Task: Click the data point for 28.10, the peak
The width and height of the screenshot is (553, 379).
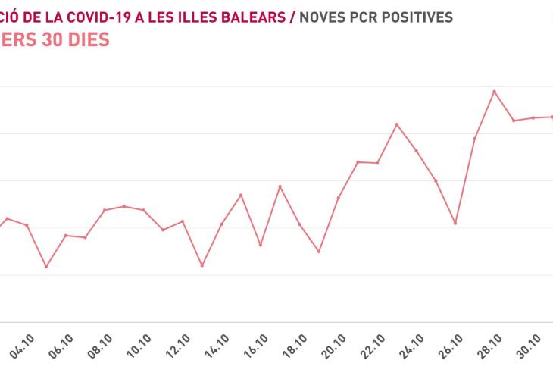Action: click(x=495, y=92)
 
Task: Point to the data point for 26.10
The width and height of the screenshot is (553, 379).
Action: click(x=455, y=223)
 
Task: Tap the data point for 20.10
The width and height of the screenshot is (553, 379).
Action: click(x=338, y=198)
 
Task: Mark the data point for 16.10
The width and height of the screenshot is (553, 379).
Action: click(x=260, y=245)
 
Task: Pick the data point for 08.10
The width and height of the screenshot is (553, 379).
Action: click(x=105, y=210)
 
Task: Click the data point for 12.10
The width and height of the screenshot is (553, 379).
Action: click(x=183, y=221)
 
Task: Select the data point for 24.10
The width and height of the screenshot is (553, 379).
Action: click(x=417, y=150)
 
